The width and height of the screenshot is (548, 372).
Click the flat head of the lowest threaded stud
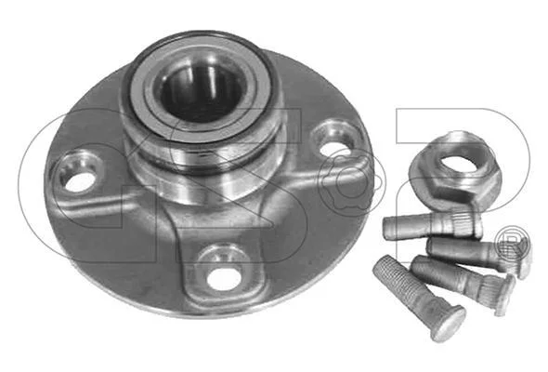[x=449, y=323]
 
